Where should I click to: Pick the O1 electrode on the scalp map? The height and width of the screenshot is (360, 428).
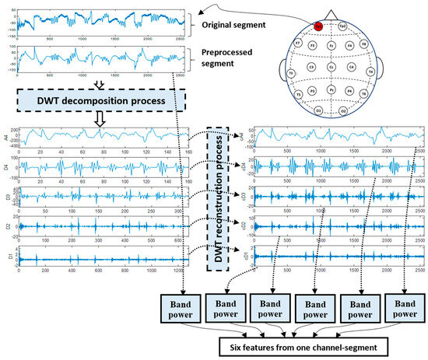pyautogui.click(x=320, y=111)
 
